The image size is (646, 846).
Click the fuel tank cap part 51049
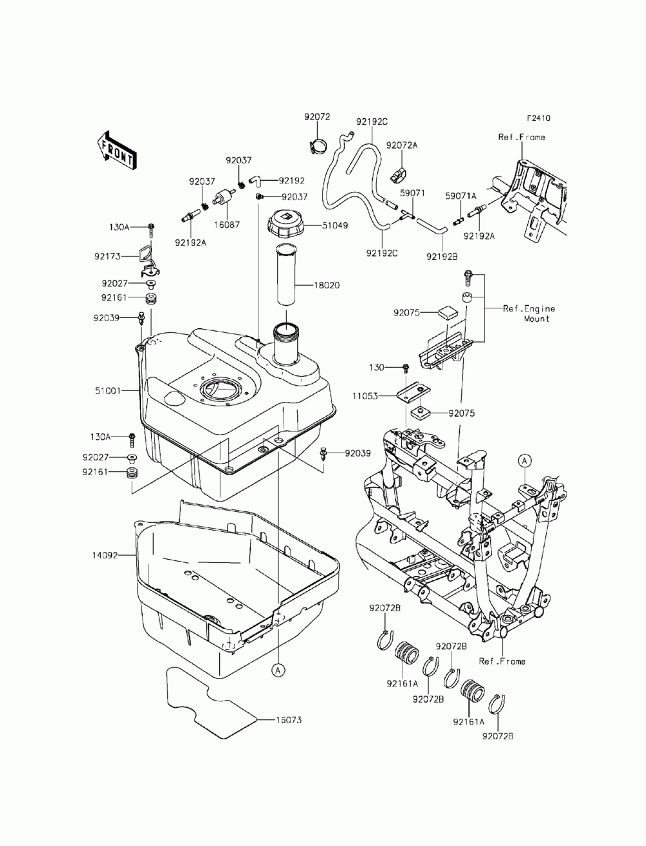(x=286, y=225)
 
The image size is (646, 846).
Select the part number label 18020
(x=327, y=286)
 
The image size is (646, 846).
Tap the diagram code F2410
(x=538, y=118)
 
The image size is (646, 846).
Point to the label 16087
(x=227, y=225)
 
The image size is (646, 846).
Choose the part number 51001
(x=107, y=391)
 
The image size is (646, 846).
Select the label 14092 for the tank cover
(x=105, y=555)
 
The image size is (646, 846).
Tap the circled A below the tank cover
(x=278, y=671)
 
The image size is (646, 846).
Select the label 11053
(x=365, y=396)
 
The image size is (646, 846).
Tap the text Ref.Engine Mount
(x=529, y=313)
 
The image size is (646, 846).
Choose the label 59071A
(x=461, y=196)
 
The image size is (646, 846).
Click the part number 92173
(x=107, y=257)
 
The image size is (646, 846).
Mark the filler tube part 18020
(x=286, y=275)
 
